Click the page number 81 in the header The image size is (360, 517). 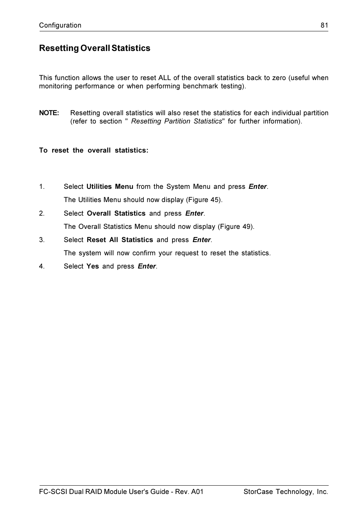[x=324, y=25]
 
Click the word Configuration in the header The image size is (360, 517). [x=60, y=25]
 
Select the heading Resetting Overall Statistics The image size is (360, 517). [x=95, y=48]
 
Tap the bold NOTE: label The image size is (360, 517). [x=49, y=113]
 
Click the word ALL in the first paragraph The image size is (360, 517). [x=165, y=78]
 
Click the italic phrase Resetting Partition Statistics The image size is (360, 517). [x=176, y=121]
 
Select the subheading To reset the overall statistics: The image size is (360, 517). [x=94, y=150]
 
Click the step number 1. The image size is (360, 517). [x=42, y=187]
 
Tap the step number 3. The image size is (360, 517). [x=42, y=240]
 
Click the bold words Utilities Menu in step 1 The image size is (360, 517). [x=110, y=187]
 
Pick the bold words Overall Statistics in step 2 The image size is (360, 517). [x=116, y=213]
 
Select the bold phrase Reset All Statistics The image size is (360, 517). [x=120, y=240]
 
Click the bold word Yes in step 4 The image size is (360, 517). [x=92, y=266]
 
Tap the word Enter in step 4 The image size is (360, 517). [x=146, y=266]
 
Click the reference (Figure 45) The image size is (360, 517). [x=204, y=200]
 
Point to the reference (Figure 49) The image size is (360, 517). [x=236, y=227]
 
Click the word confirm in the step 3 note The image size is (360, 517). [x=144, y=253]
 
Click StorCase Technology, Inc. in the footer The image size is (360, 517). [x=286, y=492]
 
